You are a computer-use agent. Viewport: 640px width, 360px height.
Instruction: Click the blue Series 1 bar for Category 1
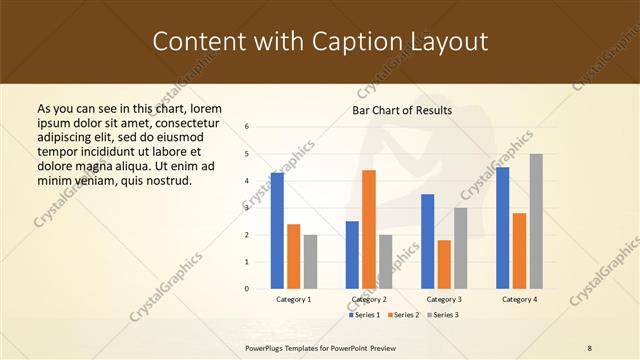click(277, 231)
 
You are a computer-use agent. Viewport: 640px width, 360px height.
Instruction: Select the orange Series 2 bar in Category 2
click(369, 229)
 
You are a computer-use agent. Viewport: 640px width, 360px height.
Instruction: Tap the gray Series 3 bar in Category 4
click(536, 221)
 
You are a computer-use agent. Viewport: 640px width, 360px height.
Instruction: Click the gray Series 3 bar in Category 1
click(310, 262)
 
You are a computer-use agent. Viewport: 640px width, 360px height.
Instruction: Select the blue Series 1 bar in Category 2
click(352, 255)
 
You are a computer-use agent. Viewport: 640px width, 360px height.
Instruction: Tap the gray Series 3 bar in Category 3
click(461, 248)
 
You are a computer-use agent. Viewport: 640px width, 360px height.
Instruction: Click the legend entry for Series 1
click(365, 315)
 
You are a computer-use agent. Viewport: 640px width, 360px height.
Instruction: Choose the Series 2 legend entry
click(403, 315)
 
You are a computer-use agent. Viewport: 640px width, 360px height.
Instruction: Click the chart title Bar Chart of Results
click(402, 110)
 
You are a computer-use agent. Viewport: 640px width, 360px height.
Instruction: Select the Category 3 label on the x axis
click(444, 299)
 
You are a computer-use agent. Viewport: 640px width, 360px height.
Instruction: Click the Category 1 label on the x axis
click(293, 299)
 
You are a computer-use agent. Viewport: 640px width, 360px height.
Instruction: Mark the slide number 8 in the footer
click(590, 347)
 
